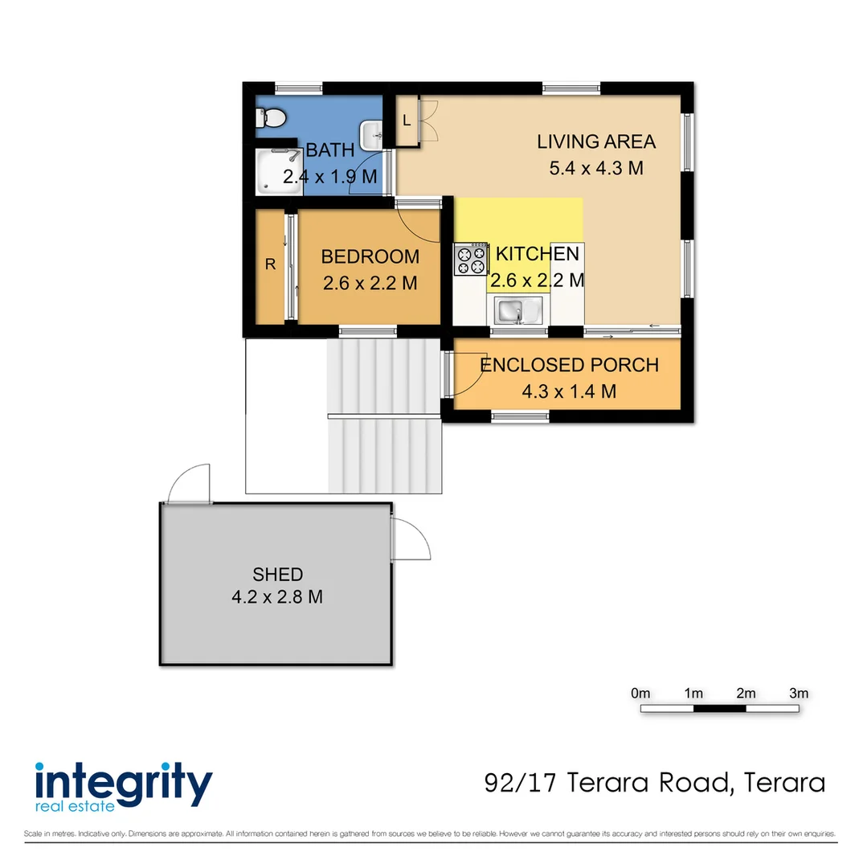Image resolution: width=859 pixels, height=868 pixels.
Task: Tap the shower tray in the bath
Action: point(275,171)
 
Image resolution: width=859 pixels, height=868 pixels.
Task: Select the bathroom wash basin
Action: point(371,135)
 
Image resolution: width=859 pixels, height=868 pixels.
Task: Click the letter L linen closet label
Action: point(407,121)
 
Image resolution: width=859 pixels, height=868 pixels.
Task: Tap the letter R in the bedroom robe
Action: point(270,265)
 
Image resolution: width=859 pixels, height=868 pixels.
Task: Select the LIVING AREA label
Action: point(596,142)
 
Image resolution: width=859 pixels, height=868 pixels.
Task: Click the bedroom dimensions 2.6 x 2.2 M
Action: point(370,283)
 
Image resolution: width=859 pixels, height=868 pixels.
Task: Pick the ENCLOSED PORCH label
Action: point(569,365)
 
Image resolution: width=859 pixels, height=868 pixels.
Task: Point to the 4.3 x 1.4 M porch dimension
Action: point(569,391)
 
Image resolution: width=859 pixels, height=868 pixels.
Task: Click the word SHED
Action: point(277,574)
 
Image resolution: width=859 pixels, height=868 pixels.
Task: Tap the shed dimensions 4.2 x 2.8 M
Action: point(277,598)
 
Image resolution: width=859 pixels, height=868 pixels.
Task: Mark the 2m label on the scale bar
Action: point(746,693)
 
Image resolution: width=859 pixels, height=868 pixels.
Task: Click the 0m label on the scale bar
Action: point(640,693)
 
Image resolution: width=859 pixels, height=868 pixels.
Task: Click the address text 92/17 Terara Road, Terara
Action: point(655,782)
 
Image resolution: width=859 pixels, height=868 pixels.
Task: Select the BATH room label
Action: point(330,150)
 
